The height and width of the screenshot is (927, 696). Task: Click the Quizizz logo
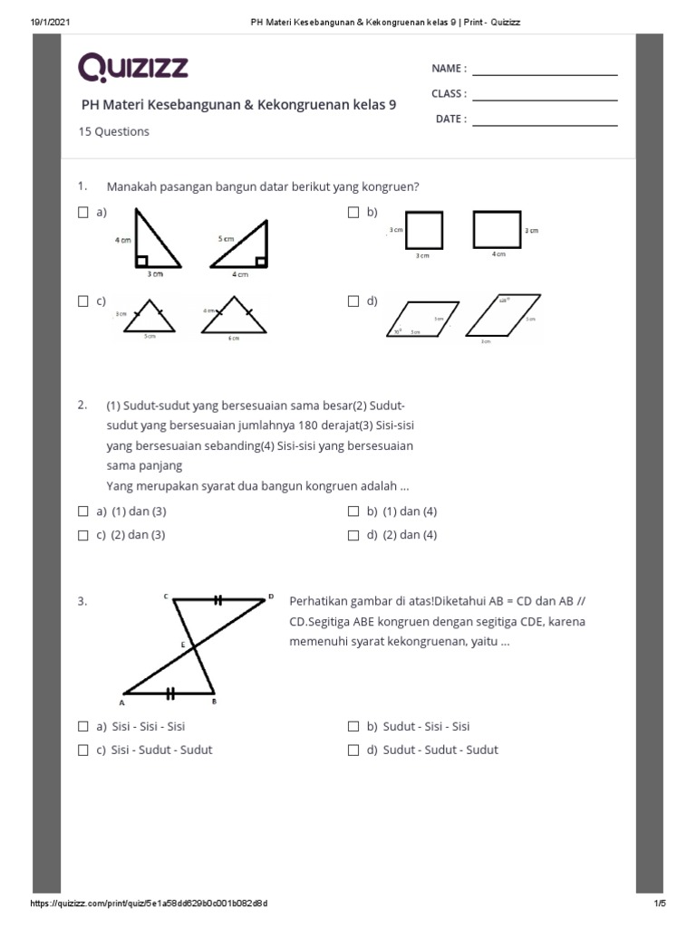tap(133, 67)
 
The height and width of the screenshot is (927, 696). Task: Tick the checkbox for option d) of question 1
tap(354, 301)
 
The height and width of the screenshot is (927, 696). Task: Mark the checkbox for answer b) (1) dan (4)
tap(354, 511)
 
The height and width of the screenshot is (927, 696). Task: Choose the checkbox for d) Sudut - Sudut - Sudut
tap(354, 750)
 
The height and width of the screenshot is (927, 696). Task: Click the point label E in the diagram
tap(182, 645)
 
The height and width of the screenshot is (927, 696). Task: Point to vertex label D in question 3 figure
tap(270, 597)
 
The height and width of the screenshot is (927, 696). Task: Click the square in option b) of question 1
tap(424, 229)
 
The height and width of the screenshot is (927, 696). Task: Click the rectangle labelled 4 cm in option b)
tap(497, 229)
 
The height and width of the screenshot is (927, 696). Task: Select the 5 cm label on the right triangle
tap(226, 239)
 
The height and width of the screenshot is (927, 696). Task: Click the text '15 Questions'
tap(115, 131)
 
